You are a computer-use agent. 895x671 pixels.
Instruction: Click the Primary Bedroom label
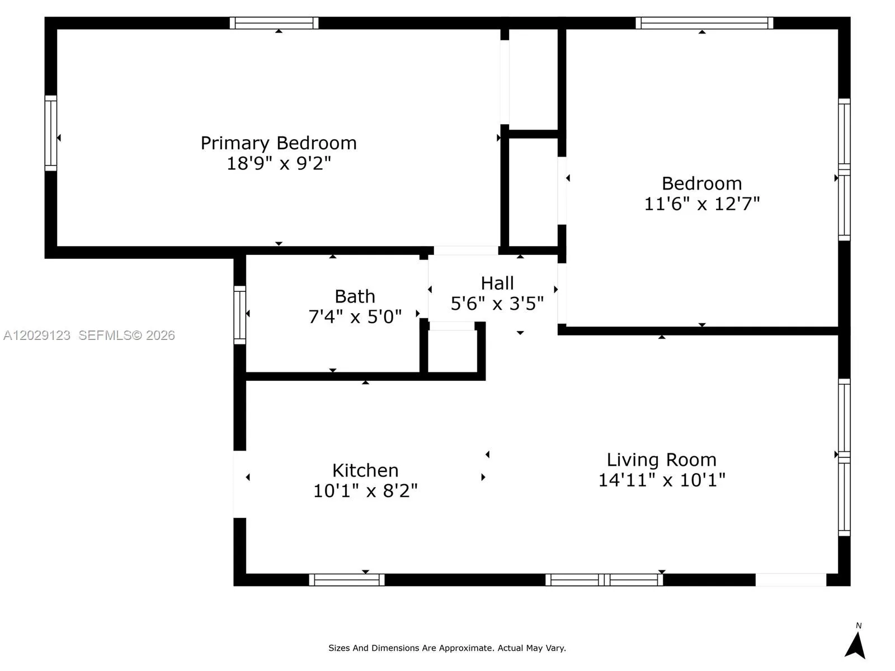tap(279, 143)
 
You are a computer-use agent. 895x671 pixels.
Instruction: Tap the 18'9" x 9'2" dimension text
tap(279, 163)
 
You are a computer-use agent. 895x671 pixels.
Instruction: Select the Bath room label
tap(355, 296)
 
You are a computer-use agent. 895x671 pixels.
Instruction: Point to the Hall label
tap(497, 283)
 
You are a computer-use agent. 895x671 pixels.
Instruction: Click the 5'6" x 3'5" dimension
tap(497, 304)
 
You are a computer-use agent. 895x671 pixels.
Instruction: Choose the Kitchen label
tap(365, 471)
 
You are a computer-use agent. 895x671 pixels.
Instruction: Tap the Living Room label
tap(661, 460)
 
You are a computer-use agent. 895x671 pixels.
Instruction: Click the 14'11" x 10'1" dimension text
tap(661, 480)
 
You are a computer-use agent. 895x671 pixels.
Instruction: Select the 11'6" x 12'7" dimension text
tap(701, 204)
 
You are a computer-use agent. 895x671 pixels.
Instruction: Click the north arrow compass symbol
tap(855, 645)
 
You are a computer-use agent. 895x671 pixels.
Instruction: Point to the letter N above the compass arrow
tap(858, 625)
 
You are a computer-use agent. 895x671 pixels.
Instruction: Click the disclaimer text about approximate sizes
tap(447, 648)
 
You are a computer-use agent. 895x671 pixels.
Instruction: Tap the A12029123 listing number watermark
tap(37, 335)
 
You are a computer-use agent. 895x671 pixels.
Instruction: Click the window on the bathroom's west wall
tap(240, 315)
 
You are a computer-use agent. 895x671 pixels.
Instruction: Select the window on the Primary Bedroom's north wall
tap(274, 23)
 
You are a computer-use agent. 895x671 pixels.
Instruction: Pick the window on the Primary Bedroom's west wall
tap(51, 133)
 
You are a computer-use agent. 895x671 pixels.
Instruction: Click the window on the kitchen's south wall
tap(347, 580)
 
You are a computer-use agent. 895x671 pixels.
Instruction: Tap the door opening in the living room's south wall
tap(790, 580)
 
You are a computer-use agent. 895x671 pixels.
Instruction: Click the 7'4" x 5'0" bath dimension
tap(355, 316)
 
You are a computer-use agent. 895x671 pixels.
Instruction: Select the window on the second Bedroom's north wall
tap(704, 23)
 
